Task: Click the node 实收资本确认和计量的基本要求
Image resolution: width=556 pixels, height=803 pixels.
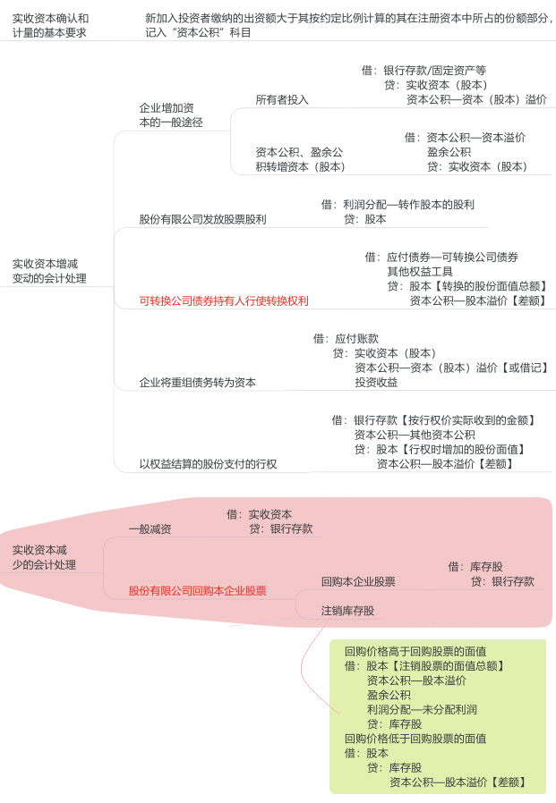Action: [x=50, y=26]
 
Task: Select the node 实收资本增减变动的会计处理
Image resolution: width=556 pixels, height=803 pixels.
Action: [x=49, y=271]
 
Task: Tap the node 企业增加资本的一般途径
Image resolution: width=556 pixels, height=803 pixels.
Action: [x=171, y=115]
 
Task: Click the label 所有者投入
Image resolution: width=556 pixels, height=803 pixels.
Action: [x=282, y=100]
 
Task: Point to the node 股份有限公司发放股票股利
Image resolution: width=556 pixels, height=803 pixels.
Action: [x=202, y=219]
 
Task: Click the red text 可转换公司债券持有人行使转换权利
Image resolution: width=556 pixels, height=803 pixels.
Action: [x=224, y=300]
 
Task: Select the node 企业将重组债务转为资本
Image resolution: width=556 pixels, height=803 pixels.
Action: [x=198, y=382]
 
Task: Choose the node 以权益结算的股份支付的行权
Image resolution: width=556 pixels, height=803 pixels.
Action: [x=208, y=464]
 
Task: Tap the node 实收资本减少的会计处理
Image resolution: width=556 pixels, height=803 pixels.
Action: [x=44, y=557]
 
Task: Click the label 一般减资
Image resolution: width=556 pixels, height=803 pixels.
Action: [x=150, y=529]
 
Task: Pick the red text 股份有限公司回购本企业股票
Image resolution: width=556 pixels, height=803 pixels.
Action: [x=198, y=590]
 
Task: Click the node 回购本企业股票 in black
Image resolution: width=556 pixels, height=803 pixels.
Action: [x=358, y=581]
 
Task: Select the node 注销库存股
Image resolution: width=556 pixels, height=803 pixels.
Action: [x=347, y=611]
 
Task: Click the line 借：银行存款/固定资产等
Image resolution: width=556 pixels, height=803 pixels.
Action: [x=423, y=70]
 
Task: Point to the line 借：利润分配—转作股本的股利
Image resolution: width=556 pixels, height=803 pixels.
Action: [x=398, y=205]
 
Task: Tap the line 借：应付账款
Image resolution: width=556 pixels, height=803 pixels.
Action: [x=346, y=339]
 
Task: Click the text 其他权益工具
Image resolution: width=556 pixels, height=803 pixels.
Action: [x=420, y=272]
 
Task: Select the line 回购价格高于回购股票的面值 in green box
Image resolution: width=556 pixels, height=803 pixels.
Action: [x=415, y=651]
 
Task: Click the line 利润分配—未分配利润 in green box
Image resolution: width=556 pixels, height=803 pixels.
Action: [x=422, y=710]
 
